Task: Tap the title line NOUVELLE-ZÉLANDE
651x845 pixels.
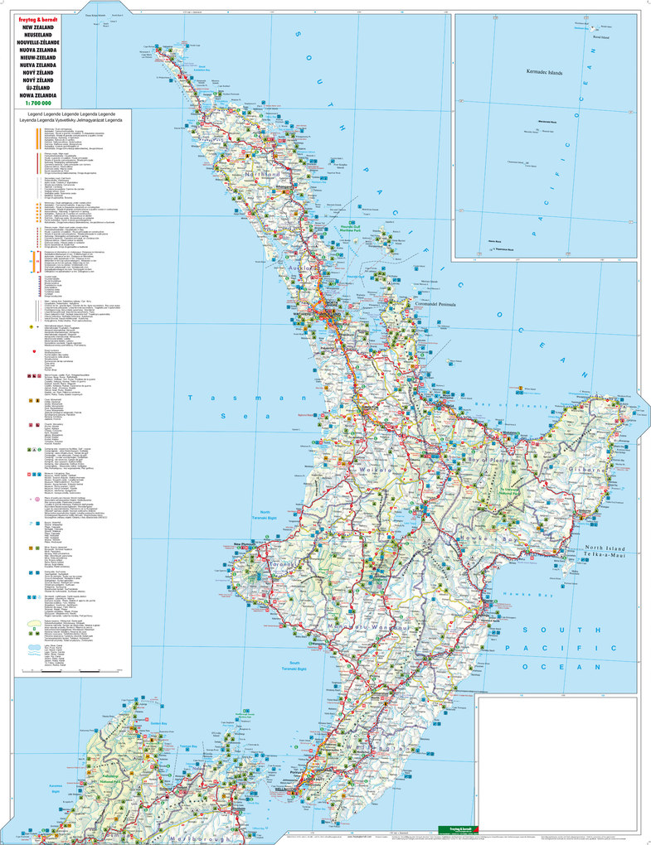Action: pyautogui.click(x=34, y=41)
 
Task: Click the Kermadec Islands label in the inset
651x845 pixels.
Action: pyautogui.click(x=543, y=73)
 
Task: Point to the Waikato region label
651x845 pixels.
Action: pyautogui.click(x=376, y=470)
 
